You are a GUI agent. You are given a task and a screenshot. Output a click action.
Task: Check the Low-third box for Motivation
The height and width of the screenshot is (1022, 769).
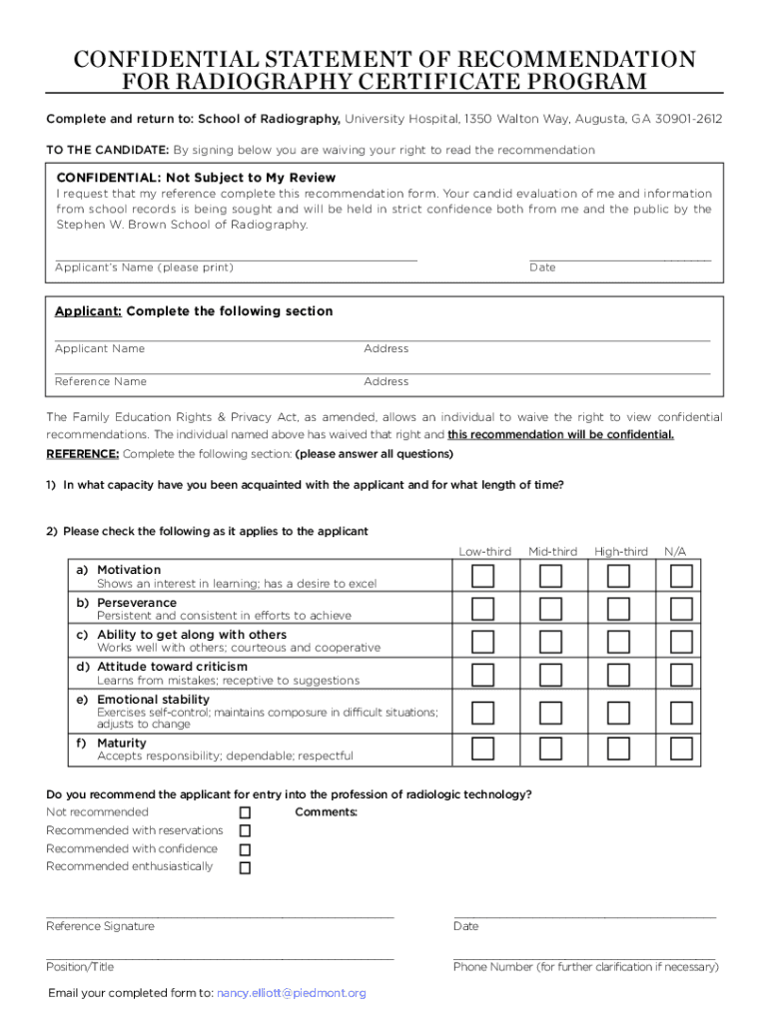click(x=482, y=576)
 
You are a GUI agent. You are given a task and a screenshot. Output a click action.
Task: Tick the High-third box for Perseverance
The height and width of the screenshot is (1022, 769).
click(x=618, y=609)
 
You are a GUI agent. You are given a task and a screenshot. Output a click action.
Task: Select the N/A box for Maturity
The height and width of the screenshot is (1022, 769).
click(x=681, y=748)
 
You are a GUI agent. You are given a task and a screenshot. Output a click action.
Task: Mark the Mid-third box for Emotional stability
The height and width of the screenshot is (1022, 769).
click(x=550, y=712)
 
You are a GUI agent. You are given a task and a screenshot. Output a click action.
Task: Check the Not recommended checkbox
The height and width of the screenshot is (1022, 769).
click(x=245, y=813)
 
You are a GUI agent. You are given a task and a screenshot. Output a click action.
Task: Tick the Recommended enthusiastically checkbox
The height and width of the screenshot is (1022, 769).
click(x=245, y=867)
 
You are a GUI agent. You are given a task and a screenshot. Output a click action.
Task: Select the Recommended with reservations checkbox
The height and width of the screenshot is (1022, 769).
click(x=245, y=831)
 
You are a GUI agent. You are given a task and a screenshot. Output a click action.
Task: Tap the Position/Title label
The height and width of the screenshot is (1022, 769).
click(x=80, y=966)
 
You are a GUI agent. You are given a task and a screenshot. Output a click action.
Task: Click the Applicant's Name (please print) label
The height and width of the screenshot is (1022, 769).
click(x=144, y=267)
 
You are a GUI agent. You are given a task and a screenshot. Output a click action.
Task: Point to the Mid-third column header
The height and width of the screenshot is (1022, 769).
click(x=552, y=552)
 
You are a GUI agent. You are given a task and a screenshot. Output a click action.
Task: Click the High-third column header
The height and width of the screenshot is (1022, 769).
click(x=620, y=552)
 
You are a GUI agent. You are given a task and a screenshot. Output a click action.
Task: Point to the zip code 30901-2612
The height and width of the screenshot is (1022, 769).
click(x=689, y=120)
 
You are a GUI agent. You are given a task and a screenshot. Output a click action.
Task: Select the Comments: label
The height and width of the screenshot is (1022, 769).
click(x=326, y=812)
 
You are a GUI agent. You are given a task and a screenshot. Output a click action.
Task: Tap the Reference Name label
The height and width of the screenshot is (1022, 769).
click(x=100, y=381)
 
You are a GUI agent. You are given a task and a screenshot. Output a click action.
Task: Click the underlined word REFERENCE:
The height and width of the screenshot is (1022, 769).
click(x=83, y=454)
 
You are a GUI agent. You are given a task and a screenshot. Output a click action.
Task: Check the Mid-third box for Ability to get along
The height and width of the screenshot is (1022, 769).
click(x=550, y=641)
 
